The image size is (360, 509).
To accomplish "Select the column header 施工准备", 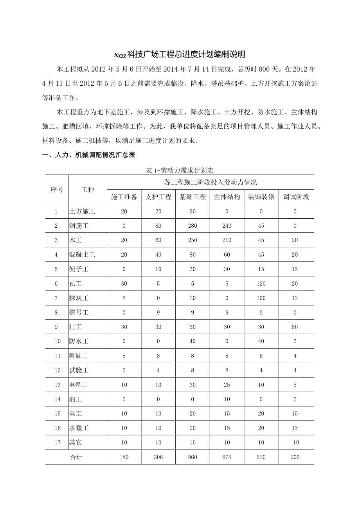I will coord(124,197).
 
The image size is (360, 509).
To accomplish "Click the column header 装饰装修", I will coord(261,197).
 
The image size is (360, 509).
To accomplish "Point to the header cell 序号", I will coord(57,190).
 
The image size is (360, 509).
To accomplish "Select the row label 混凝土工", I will coord(82,255).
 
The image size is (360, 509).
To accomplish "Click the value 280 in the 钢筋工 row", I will coord(193,226).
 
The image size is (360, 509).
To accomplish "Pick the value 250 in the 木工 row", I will coord(193,240).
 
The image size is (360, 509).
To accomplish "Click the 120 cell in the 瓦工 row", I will coord(261,284).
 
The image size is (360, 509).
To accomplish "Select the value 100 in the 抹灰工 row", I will coord(261,298).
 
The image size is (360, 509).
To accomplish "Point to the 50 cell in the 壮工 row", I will coord(295,327).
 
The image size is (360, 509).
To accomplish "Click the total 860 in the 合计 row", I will coord(193,457).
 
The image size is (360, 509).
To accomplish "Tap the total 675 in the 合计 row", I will coord(227,457).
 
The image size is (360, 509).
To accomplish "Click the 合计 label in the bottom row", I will coord(76,457).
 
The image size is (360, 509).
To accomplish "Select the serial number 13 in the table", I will coord(58,385).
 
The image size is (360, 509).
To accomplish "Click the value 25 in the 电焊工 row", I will coord(227,385).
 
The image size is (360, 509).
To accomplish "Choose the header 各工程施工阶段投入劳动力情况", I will coord(210,182).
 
